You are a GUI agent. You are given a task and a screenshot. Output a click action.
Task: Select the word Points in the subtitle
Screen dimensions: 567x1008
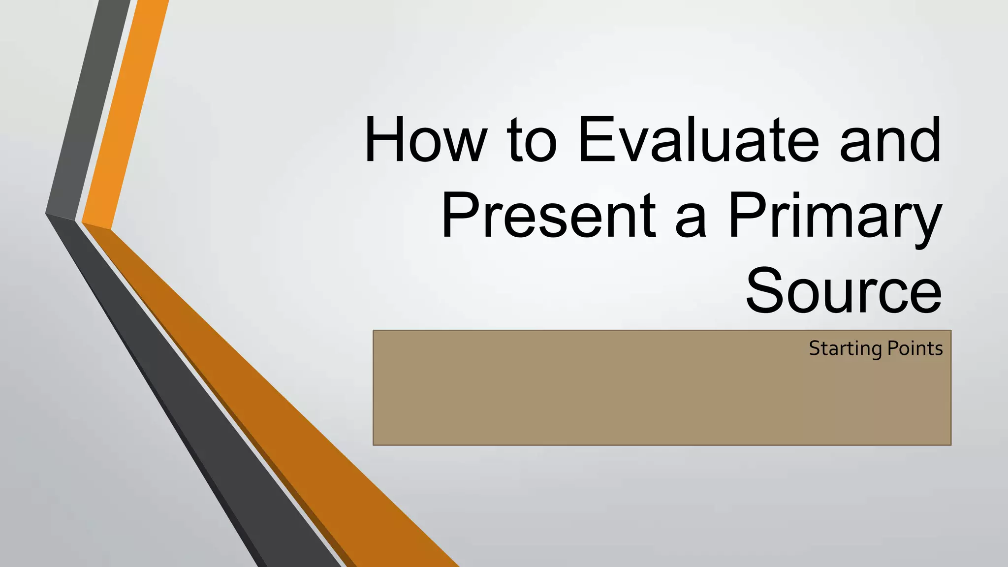(915, 348)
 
